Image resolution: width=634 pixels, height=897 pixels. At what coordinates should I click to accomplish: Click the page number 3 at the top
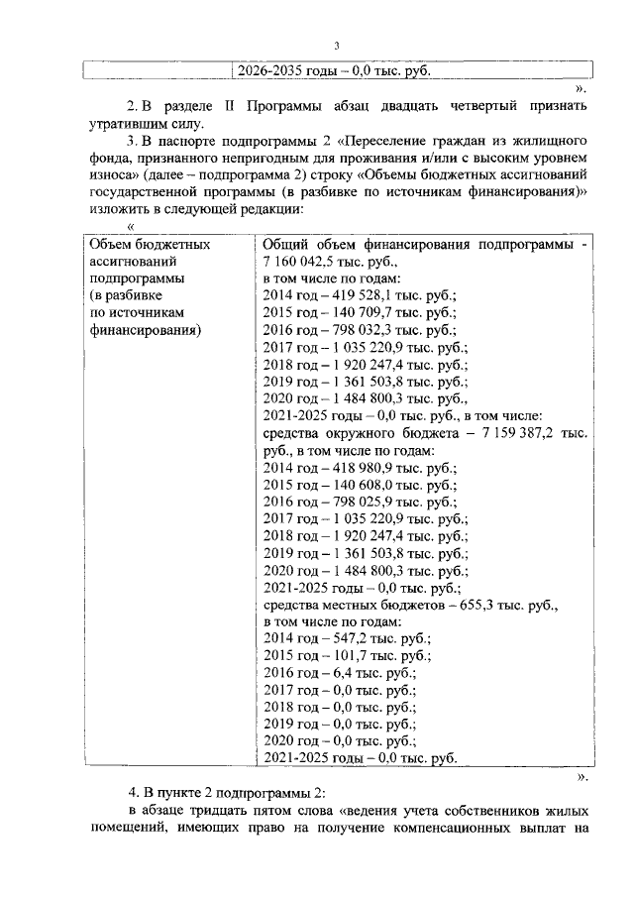tap(335, 46)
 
